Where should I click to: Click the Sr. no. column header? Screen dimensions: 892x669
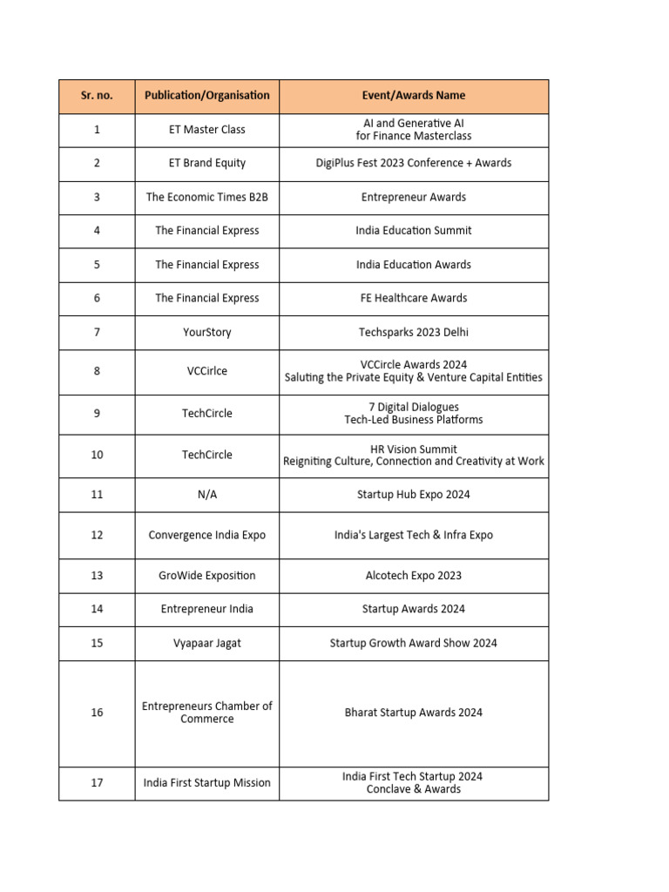click(x=97, y=96)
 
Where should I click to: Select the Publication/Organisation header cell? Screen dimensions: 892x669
click(x=207, y=96)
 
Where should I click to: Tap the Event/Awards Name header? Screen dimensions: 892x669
click(x=414, y=96)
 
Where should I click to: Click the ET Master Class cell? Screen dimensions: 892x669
click(x=207, y=130)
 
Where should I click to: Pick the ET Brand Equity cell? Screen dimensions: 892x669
click(x=207, y=163)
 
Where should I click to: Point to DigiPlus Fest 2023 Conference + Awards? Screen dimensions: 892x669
click(x=414, y=163)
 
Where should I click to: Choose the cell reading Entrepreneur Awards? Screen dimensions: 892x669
click(x=414, y=197)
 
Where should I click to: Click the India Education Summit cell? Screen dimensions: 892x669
click(x=414, y=231)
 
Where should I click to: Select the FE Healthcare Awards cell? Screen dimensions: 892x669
click(x=414, y=298)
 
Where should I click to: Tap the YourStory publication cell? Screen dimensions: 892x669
click(x=207, y=332)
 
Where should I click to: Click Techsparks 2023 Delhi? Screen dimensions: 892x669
click(x=414, y=332)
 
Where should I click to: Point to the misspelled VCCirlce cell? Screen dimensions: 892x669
click(x=207, y=371)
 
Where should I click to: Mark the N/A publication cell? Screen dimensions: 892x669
click(x=207, y=495)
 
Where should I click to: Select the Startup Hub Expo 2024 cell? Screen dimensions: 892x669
click(x=414, y=495)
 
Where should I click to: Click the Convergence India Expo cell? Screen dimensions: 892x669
click(x=207, y=535)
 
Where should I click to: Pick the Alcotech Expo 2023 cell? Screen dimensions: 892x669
click(x=414, y=576)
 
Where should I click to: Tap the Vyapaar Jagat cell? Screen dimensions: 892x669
click(x=207, y=643)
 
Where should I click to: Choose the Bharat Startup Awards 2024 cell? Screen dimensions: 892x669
click(x=414, y=713)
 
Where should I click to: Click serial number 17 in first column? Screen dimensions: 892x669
click(x=97, y=783)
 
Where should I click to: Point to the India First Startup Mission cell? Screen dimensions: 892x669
click(x=207, y=783)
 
